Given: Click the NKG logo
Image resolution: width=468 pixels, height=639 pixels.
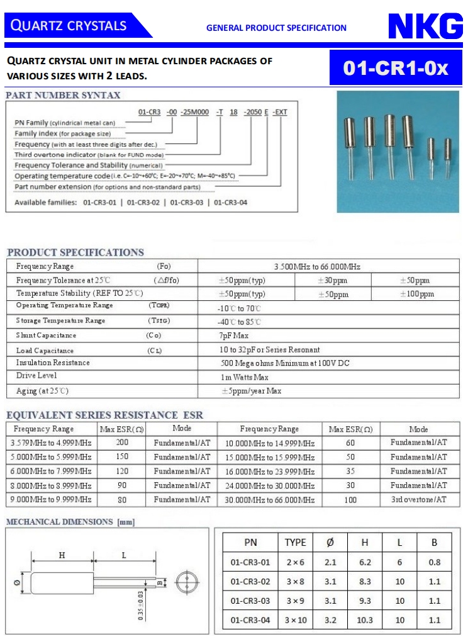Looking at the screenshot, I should point(425,27).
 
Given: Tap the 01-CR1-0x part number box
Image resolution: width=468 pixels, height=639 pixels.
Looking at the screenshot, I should point(396,69).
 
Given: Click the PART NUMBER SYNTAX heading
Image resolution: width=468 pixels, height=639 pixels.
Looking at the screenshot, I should point(63,96).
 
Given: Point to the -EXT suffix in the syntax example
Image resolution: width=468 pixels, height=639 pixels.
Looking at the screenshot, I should point(281,112).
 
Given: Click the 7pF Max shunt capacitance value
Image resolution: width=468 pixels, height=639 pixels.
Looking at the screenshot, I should point(235,336).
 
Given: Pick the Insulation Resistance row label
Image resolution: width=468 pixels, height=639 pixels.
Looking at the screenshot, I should point(53,363).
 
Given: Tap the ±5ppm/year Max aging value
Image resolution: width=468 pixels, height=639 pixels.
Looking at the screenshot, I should point(251,391).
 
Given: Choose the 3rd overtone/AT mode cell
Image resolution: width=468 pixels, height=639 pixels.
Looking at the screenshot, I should point(418,499).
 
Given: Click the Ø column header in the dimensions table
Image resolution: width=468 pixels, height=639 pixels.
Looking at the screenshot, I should point(330,542).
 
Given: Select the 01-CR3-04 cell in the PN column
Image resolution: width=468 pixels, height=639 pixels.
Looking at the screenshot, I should point(250,620).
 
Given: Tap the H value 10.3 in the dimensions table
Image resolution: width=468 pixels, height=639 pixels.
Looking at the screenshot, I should point(365,620).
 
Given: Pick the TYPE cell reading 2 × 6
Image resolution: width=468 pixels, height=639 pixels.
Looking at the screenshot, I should point(295,562).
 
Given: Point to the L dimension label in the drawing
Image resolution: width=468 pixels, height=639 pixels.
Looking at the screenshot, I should point(124,555).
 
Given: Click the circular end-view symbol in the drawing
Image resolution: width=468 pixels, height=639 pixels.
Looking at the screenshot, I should point(186,583).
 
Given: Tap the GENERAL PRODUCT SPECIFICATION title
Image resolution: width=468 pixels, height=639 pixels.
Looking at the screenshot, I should point(276,28).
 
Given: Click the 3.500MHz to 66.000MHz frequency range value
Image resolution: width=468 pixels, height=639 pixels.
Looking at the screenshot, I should point(317,267).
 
